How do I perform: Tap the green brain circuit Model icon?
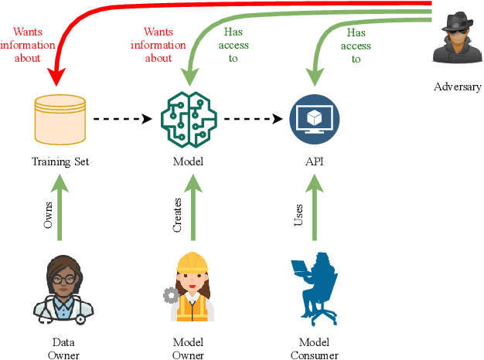click(x=188, y=119)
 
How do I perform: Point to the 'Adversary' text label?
click(x=457, y=87)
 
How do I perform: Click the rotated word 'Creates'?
click(x=177, y=214)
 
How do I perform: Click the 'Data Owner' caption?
click(x=58, y=348)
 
